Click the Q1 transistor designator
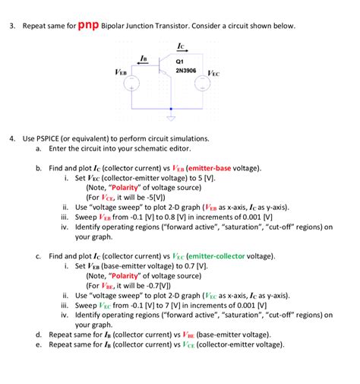(x=179, y=61)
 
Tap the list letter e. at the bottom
(x=38, y=344)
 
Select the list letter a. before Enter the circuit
(x=38, y=149)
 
